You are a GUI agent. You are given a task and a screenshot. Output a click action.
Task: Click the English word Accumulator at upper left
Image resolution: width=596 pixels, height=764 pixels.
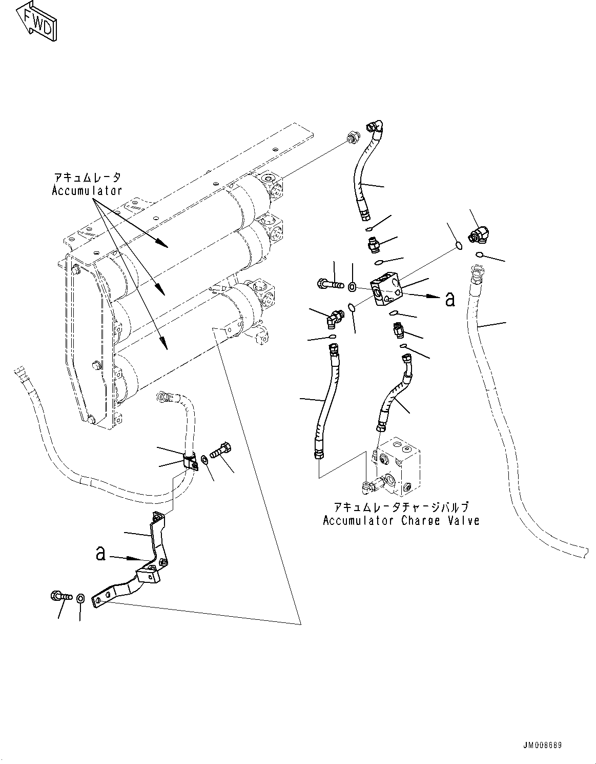[x=87, y=191]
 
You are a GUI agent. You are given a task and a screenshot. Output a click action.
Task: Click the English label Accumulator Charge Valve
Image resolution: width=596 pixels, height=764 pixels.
[x=401, y=521]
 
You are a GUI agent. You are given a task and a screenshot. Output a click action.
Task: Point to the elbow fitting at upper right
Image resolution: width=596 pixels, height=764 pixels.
[x=479, y=235]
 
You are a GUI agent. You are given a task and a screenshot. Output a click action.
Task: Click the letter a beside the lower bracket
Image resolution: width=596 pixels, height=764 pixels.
[x=101, y=553]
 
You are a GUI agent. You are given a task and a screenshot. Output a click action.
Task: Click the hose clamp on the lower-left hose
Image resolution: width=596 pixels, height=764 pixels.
[x=192, y=461]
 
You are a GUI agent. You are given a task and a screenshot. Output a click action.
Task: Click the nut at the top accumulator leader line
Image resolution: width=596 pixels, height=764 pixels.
[x=351, y=137]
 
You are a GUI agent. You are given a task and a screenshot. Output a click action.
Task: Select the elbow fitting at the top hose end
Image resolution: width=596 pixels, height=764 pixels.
[x=377, y=126]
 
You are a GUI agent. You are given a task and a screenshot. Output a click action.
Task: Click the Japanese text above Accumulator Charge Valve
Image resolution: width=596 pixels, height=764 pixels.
[x=401, y=507]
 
